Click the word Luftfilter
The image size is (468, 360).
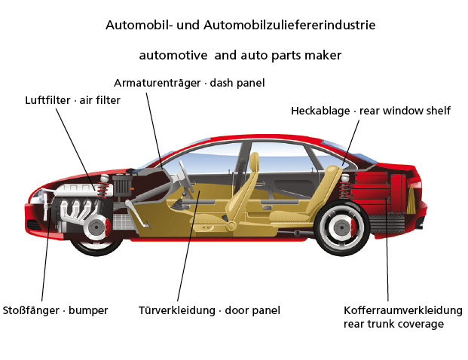[49, 99]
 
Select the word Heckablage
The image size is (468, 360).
[320, 111]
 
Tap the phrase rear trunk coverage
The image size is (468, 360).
[393, 324]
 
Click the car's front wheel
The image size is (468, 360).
[96, 225]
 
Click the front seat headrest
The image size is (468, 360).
[255, 162]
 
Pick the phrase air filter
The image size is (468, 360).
[99, 99]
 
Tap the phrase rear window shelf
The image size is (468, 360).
[405, 111]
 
